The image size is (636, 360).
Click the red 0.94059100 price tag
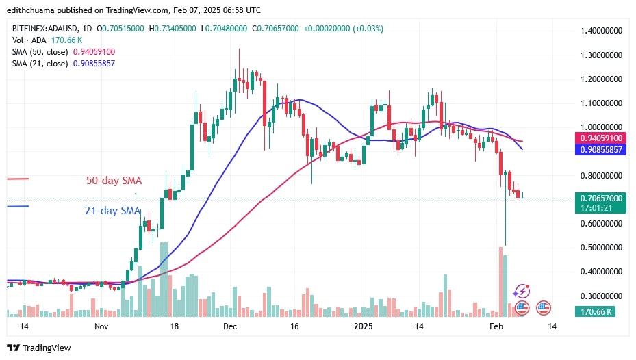click(x=600, y=138)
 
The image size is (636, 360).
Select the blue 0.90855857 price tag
click(x=600, y=149)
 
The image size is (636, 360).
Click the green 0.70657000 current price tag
click(x=600, y=198)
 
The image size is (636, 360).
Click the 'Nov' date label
click(x=102, y=326)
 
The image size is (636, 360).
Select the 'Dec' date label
click(x=231, y=326)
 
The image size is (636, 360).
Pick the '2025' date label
click(x=363, y=326)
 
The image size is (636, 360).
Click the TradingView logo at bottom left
click(x=39, y=348)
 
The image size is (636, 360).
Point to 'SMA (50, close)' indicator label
click(x=39, y=51)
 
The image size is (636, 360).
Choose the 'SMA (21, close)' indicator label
click(x=39, y=63)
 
